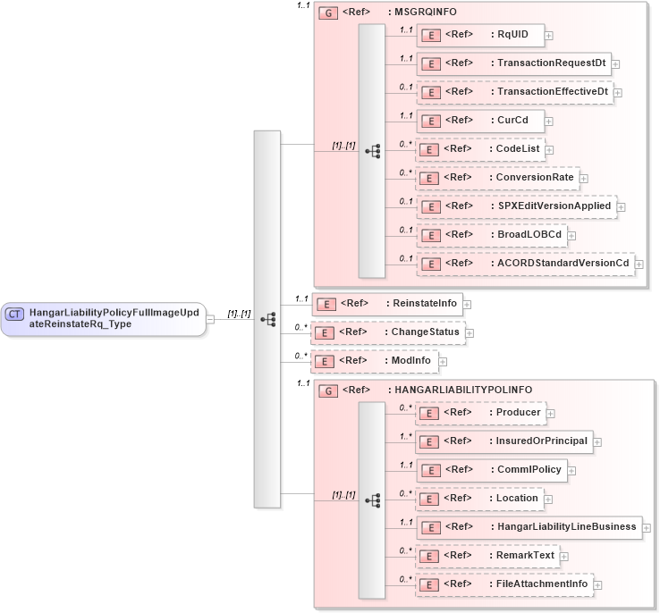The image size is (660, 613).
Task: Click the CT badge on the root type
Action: click(x=15, y=314)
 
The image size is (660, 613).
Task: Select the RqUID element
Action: click(x=480, y=35)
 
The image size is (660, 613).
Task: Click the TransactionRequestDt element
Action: click(x=513, y=64)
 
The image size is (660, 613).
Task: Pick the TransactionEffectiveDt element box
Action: click(x=514, y=92)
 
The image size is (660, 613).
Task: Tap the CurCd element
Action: click(x=480, y=121)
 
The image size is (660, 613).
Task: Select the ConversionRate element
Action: click(x=497, y=178)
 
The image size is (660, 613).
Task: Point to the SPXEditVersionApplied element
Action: click(x=516, y=206)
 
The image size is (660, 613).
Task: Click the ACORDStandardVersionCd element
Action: click(x=525, y=264)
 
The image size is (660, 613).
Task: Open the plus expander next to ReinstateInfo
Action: click(x=467, y=305)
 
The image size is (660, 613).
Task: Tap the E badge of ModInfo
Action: click(x=328, y=361)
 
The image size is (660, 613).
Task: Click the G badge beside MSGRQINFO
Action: click(x=328, y=14)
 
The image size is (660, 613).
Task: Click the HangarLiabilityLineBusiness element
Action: click(x=529, y=526)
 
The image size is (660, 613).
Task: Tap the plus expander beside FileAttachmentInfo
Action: click(x=598, y=585)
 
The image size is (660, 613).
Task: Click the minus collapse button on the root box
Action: click(x=210, y=318)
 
